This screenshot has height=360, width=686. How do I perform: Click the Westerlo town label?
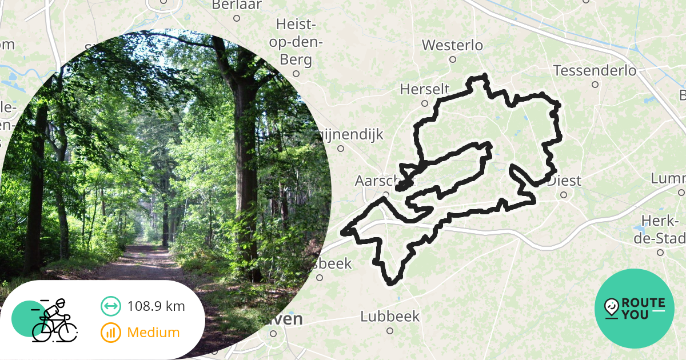pos(452,45)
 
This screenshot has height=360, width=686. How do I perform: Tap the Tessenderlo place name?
pos(595,71)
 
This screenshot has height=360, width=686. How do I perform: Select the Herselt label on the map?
pos(424,90)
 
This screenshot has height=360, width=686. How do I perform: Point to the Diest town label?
pos(564,181)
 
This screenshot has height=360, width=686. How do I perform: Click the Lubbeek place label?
pos(390,317)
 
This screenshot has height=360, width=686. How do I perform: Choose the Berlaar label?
pos(236,5)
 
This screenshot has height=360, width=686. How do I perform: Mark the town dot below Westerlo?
pos(452,59)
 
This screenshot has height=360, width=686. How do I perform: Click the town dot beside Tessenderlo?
pos(595,85)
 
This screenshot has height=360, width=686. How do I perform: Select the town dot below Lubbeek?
pos(390,330)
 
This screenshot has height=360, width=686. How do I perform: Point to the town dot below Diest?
pos(563,194)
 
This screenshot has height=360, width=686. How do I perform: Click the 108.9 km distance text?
pos(156,306)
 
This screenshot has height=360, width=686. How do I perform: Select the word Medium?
pos(153,333)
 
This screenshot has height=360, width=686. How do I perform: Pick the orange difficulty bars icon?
pos(110,333)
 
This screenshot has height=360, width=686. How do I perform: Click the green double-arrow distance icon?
pos(110,306)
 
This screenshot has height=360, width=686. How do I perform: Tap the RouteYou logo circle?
pos(634,309)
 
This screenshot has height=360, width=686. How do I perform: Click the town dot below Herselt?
pos(424,103)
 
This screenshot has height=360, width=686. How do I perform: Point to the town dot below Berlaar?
pos(236,18)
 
